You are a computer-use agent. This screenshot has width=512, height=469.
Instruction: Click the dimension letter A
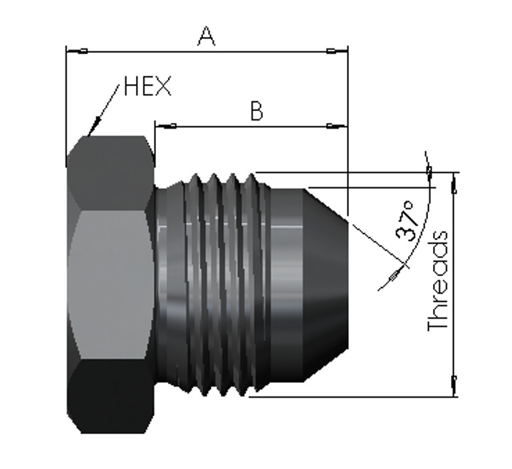pos(207,36)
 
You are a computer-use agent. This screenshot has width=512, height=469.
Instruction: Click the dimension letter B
pos(256,111)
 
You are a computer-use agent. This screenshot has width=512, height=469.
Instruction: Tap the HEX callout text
pos(147,86)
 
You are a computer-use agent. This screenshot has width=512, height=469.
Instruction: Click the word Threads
pos(437,280)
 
